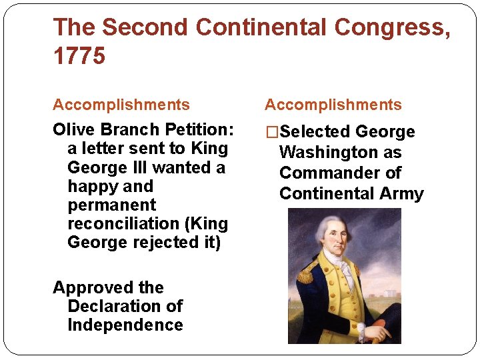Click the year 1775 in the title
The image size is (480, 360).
click(79, 56)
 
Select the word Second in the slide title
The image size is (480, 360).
click(145, 27)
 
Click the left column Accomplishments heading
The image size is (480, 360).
click(121, 105)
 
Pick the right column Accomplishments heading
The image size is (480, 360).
click(333, 105)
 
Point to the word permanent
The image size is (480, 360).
click(111, 205)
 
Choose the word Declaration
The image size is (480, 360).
click(125, 307)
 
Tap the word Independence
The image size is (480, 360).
click(125, 325)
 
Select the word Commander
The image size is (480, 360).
click(324, 173)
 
